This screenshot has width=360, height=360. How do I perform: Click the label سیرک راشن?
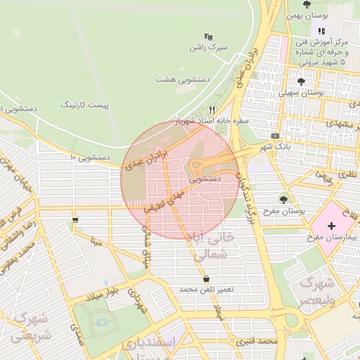(209, 48)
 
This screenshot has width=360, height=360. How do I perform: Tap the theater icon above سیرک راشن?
(207, 37)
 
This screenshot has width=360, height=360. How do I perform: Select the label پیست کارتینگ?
(87, 105)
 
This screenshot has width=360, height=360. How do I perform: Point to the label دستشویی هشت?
(174, 80)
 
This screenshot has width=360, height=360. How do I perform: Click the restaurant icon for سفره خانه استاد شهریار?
(212, 110)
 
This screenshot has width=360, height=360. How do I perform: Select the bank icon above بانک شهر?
(275, 136)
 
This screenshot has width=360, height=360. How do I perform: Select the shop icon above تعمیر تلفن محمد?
(205, 279)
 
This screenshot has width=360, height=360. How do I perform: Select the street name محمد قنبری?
(258, 340)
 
